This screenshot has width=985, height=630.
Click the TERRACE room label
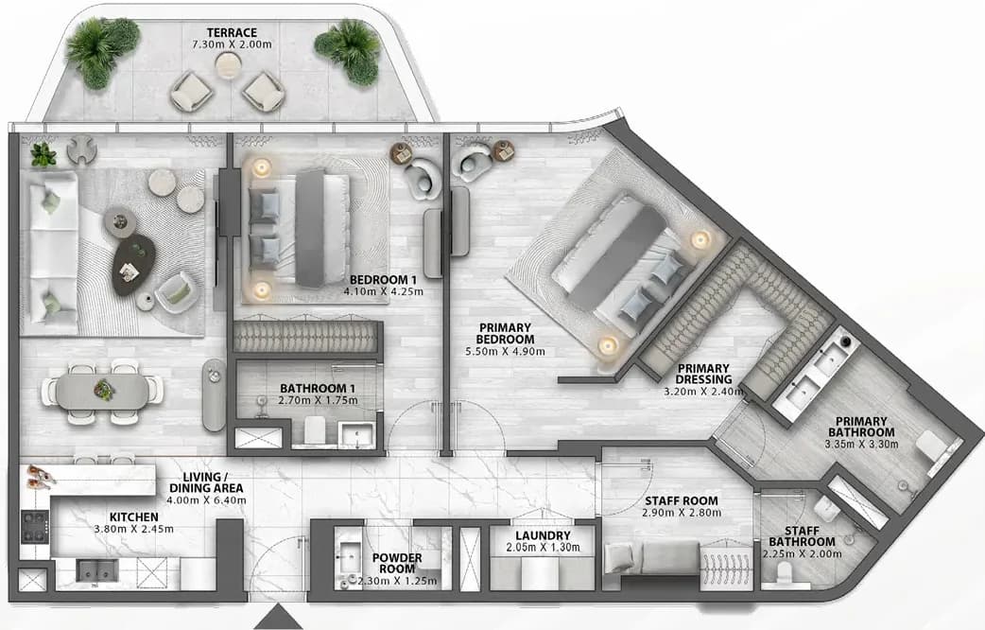tap(232, 33)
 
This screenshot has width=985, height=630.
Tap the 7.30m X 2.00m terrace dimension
tap(232, 44)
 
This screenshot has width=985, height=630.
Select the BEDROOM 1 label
tap(383, 280)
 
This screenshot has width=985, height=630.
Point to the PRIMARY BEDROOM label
tap(505, 333)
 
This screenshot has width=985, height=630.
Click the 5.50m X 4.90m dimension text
tap(505, 352)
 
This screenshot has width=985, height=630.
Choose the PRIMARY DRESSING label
tap(703, 374)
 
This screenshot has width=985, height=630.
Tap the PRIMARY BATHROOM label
tap(861, 427)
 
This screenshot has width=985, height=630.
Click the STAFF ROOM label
tap(682, 501)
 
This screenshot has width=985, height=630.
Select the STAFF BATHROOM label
tap(803, 536)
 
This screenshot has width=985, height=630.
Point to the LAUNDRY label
tap(543, 535)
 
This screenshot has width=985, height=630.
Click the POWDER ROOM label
tap(397, 564)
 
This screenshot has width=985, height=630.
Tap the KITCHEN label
tap(134, 516)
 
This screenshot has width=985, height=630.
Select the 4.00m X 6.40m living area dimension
tap(206, 500)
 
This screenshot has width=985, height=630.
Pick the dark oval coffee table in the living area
tap(134, 265)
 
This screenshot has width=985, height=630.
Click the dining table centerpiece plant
tap(104, 390)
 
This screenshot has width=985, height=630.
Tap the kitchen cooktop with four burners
tap(35, 526)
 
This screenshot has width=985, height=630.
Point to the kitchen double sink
tap(96, 570)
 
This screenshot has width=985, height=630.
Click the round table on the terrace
tap(228, 64)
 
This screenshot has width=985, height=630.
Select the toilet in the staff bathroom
tap(786, 573)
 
